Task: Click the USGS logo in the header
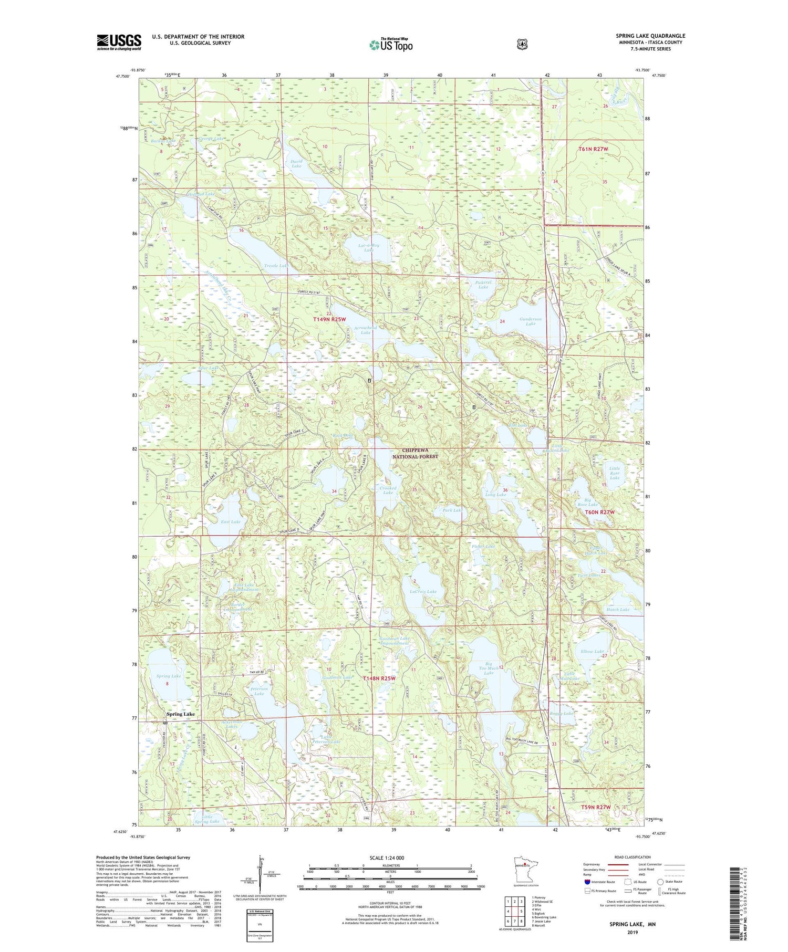tap(119, 42)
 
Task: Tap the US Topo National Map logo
tap(391, 45)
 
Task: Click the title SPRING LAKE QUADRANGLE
tap(650, 36)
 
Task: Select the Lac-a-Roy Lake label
tap(369, 247)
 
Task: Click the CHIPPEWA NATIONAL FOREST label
tap(415, 453)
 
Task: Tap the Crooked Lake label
tap(388, 490)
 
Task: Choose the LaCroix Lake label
tap(423, 591)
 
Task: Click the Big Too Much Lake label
tap(489, 668)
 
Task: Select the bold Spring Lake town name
tap(181, 714)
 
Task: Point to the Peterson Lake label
tap(260, 691)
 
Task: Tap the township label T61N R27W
tap(596, 149)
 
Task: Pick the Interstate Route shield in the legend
tap(588, 882)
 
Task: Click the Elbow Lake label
tap(592, 652)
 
